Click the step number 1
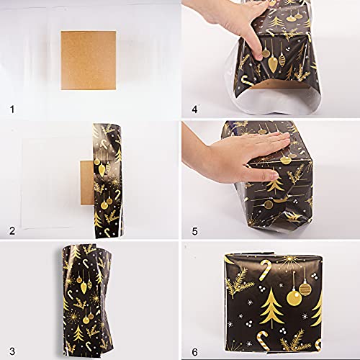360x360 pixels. pyautogui.click(x=12, y=109)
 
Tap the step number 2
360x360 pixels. pyautogui.click(x=12, y=231)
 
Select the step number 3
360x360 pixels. pyautogui.click(x=12, y=351)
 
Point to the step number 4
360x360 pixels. pyautogui.click(x=194, y=109)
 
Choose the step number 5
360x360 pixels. pyautogui.click(x=194, y=231)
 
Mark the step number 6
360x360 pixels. pyautogui.click(x=195, y=352)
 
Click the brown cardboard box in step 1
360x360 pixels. pyautogui.click(x=89, y=60)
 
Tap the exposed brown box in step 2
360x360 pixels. pyautogui.click(x=86, y=183)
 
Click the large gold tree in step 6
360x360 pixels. pyautogui.click(x=271, y=307)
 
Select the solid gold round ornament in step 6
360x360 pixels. pyautogui.click(x=294, y=298)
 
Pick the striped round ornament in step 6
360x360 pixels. pyautogui.click(x=305, y=289)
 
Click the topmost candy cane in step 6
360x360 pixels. pyautogui.click(x=264, y=271)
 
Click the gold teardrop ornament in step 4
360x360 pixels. pyautogui.click(x=272, y=64)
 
